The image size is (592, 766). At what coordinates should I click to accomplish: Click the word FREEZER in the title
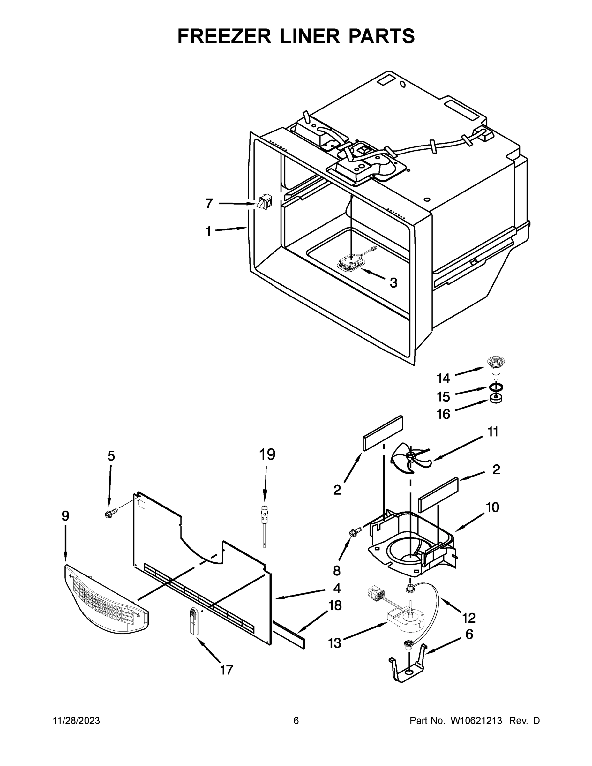[224, 36]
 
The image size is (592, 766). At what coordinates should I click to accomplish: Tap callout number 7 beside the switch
[209, 203]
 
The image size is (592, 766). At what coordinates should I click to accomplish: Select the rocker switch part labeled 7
[264, 203]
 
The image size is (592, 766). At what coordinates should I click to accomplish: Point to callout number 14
[443, 379]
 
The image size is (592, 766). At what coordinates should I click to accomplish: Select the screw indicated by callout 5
[110, 514]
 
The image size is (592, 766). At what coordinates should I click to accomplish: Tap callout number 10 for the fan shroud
[492, 507]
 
